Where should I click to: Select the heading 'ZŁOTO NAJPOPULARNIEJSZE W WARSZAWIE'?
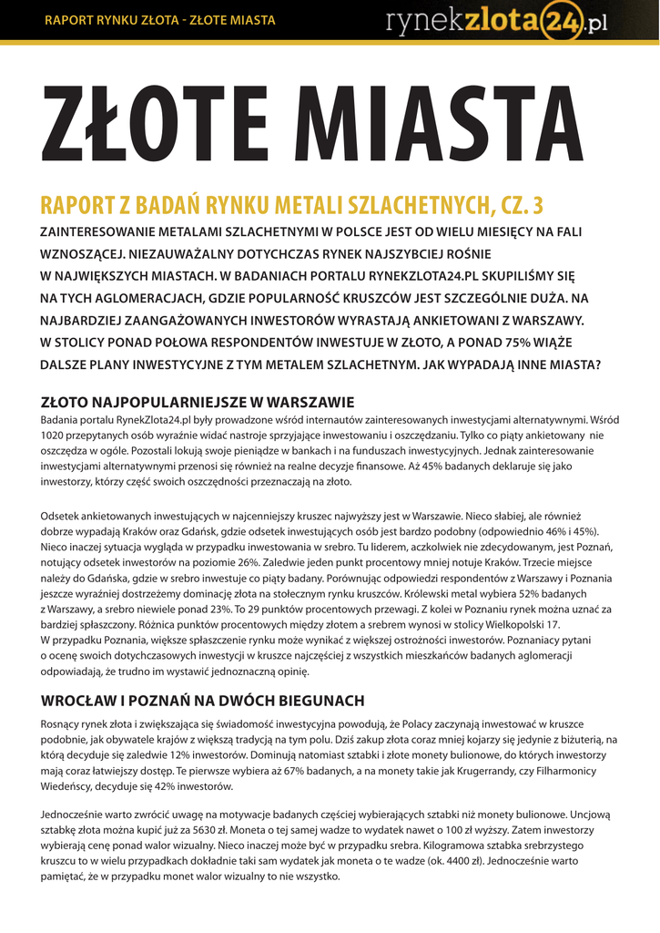[198, 402]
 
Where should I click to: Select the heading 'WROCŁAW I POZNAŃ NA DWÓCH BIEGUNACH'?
[203, 701]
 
